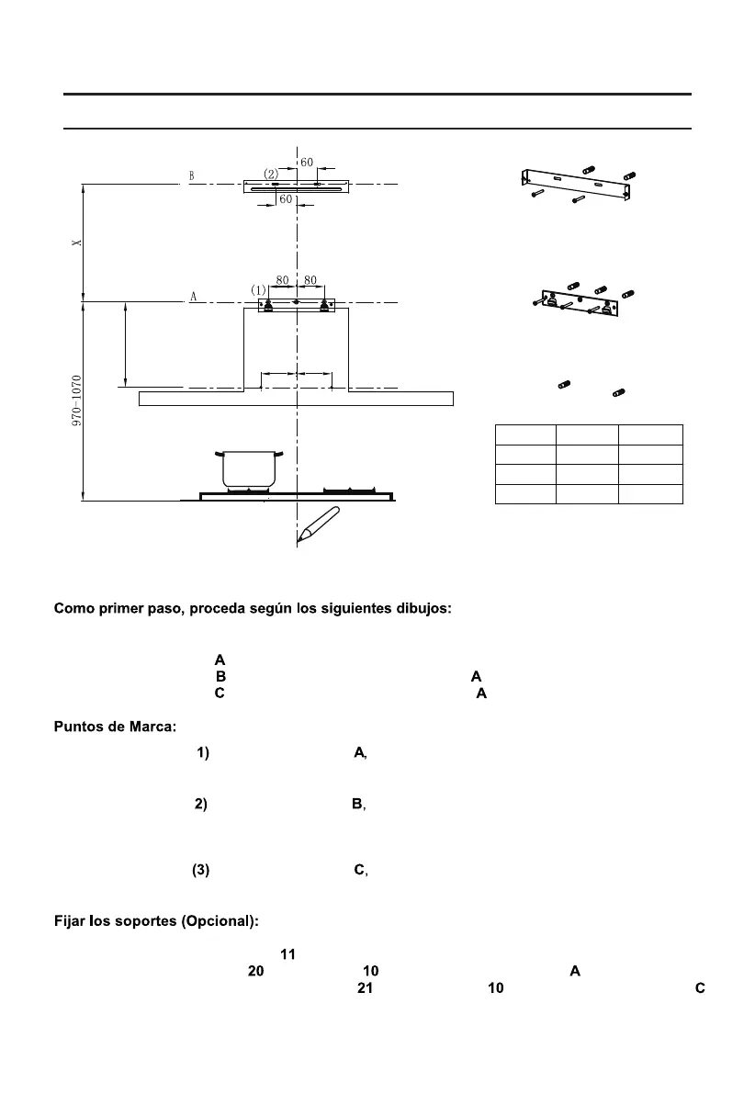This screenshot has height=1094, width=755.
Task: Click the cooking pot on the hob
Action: coord(249,468)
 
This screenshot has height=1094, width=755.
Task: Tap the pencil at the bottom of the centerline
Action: coord(318,524)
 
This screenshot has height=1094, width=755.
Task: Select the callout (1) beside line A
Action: coord(258,290)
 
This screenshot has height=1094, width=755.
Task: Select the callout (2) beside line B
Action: coord(271,173)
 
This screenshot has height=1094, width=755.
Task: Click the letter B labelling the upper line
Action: coord(191,175)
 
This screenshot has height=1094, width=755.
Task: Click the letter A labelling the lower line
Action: coord(193,297)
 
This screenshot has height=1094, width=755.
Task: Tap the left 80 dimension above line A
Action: coord(282,280)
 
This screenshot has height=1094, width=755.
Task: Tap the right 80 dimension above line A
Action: coord(310,280)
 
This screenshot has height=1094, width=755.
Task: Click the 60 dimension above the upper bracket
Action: coord(307,163)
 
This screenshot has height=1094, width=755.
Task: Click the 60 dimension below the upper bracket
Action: coord(286,198)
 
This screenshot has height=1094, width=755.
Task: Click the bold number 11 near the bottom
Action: coord(287,955)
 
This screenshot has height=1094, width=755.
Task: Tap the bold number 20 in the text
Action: coord(256,972)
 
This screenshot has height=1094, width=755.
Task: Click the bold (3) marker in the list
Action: coord(201,871)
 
